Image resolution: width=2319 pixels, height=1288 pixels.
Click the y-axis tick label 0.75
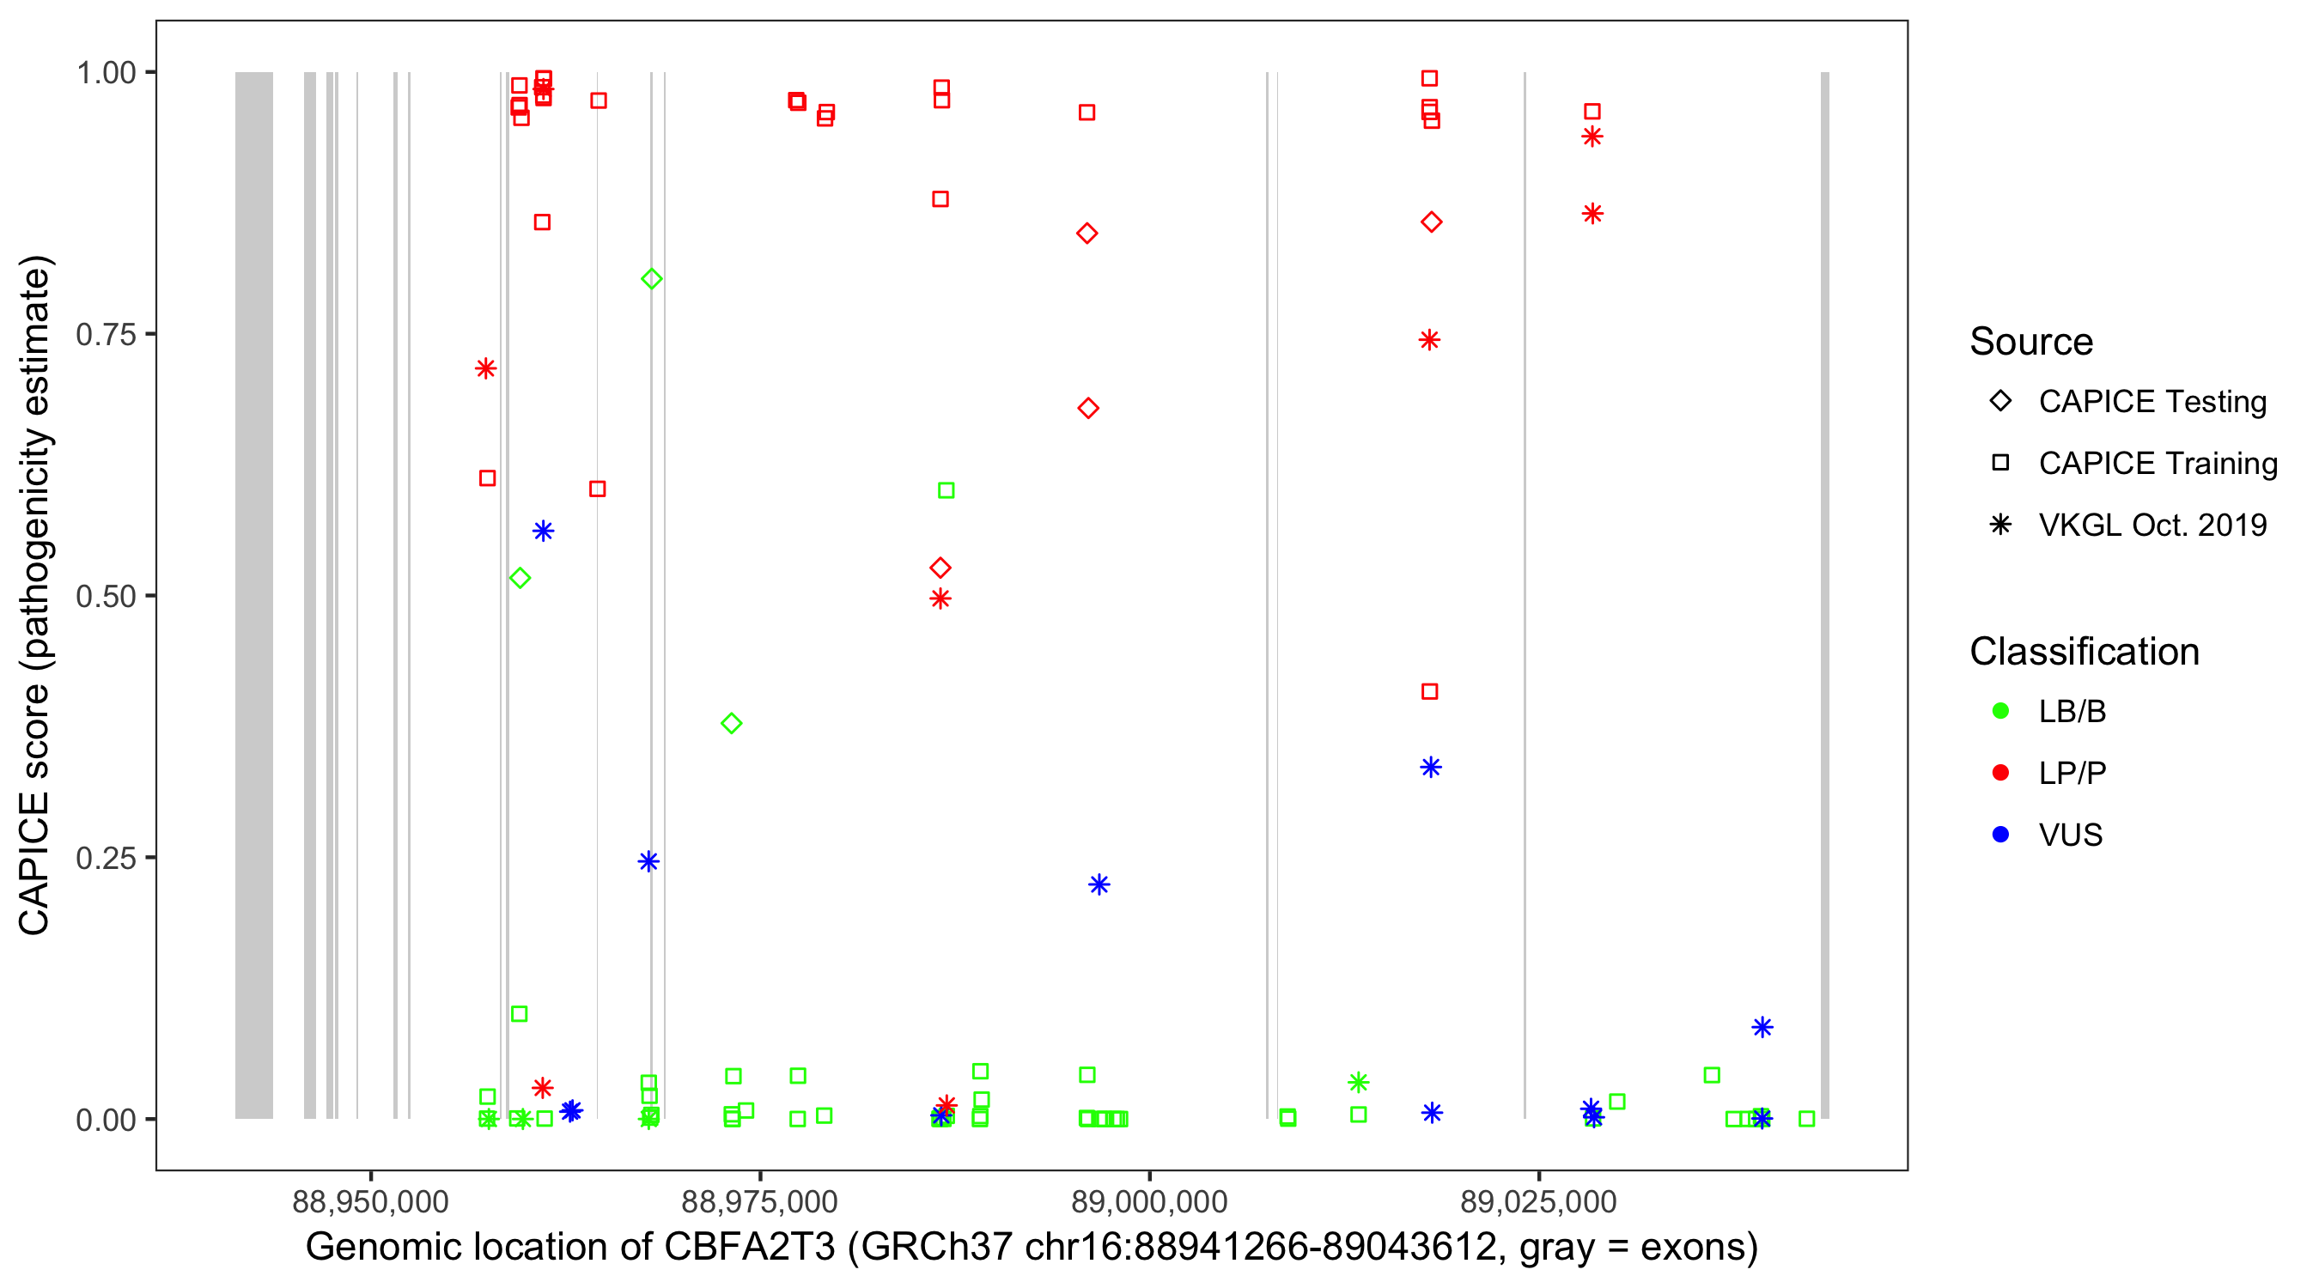point(105,335)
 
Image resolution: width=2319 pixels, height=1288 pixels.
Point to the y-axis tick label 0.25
point(105,858)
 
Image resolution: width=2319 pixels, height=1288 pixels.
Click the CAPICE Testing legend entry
point(2152,402)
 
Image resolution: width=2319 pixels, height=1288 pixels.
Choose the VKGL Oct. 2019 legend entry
point(2152,525)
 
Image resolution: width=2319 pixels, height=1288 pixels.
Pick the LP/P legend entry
point(2072,773)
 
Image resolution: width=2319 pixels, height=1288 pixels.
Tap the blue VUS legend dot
point(2000,835)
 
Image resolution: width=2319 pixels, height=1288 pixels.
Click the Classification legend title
point(2083,652)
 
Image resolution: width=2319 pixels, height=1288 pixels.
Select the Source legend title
point(2030,342)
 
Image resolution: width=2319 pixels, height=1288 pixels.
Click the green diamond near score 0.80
point(652,279)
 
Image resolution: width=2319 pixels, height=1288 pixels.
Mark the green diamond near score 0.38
point(731,724)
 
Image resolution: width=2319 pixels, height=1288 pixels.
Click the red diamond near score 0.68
point(1087,409)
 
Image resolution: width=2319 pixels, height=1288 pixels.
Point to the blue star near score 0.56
point(543,531)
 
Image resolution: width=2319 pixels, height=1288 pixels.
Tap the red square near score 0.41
point(1429,691)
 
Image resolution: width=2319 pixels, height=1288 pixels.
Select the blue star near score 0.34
point(1430,767)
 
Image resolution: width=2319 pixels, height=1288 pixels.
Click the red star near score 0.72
point(486,368)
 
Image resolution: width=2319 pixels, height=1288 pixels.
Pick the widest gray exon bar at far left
point(254,594)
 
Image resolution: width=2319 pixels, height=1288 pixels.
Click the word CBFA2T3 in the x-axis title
point(749,1248)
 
